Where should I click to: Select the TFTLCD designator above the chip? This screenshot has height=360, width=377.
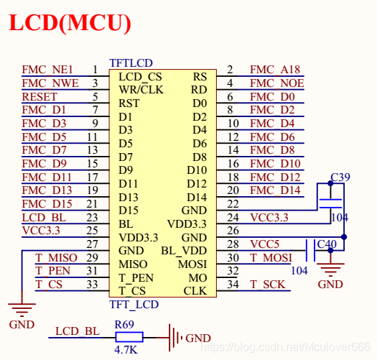131,63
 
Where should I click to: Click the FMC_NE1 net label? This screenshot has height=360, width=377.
47,70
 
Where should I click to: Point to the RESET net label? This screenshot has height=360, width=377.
39,97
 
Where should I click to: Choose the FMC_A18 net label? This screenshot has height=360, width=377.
274,70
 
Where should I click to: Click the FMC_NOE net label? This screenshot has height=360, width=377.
276,83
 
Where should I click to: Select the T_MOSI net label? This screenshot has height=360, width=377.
271,258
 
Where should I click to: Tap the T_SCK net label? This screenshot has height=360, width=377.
267,285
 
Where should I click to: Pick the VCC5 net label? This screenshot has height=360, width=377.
265,244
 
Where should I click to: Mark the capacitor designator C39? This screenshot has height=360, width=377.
340,177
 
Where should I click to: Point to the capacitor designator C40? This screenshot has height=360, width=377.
326,244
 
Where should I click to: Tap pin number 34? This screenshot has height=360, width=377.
232,285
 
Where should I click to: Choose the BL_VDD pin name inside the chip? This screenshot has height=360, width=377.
184,251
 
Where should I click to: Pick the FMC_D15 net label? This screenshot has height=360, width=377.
47,204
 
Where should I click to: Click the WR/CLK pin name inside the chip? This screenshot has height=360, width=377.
141,91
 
